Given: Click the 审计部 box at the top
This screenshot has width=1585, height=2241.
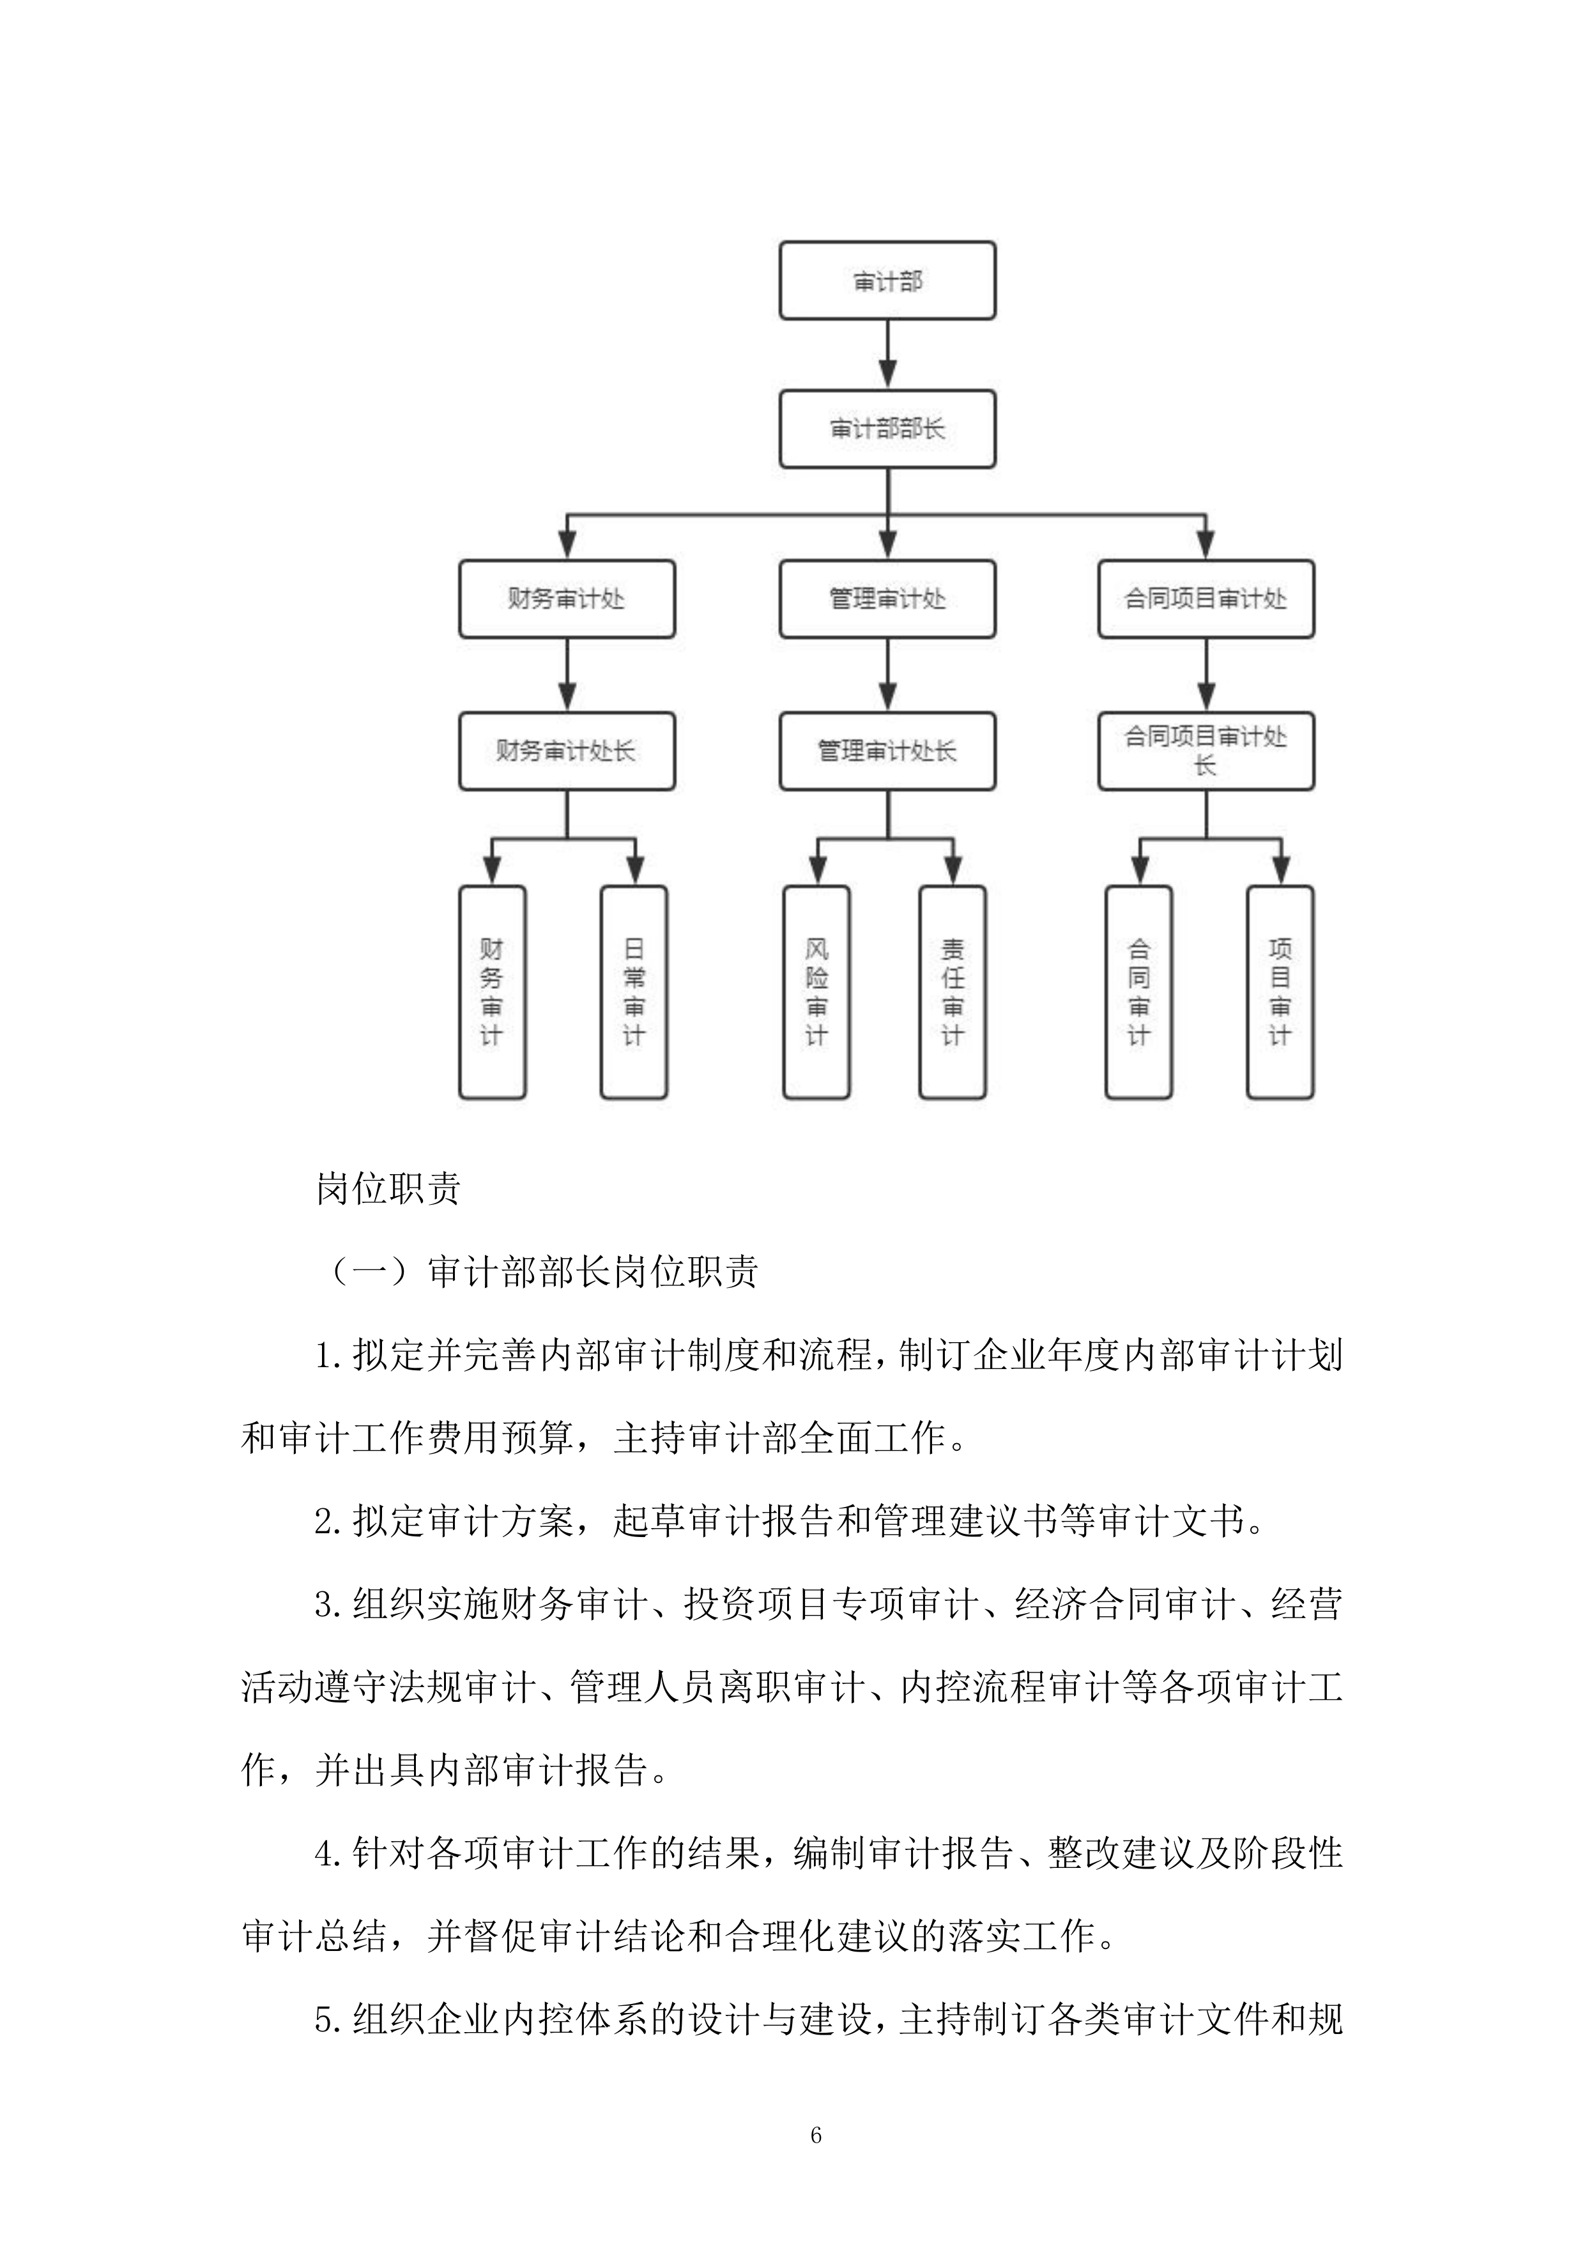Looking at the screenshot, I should (x=887, y=281).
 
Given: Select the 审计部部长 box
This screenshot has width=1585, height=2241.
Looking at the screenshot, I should (x=887, y=429).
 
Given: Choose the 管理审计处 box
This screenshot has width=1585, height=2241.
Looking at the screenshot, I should (x=887, y=599).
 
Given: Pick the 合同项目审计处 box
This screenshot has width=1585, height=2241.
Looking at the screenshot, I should (x=1206, y=599).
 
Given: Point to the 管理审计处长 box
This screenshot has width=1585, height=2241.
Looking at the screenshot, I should (x=887, y=751).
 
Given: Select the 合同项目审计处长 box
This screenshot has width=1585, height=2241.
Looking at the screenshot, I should (x=1206, y=751).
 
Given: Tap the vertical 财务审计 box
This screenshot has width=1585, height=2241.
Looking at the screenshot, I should (x=492, y=991).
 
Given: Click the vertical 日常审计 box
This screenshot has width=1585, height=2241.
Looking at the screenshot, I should (x=634, y=991).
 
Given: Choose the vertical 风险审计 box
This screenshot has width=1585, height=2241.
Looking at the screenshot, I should (x=817, y=991).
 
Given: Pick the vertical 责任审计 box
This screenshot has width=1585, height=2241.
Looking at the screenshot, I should (x=953, y=991).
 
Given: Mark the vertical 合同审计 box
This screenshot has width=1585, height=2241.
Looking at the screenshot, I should (x=1139, y=991).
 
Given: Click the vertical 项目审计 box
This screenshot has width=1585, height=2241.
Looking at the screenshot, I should (x=1280, y=991).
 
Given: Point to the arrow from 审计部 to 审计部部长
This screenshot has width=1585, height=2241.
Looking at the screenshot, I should (x=887, y=355).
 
